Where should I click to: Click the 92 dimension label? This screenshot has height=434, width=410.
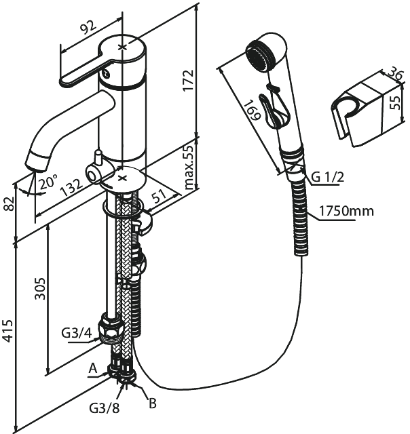(88, 27)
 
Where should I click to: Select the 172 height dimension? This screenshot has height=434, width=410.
(188, 81)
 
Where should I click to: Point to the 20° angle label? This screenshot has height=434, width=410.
(48, 181)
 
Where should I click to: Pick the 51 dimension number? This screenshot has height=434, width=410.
(160, 196)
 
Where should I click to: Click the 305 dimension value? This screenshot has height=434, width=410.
(39, 289)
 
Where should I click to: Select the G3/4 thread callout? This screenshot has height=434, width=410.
(76, 333)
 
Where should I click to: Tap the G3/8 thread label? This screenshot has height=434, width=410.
(104, 408)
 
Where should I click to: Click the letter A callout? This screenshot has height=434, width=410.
(93, 368)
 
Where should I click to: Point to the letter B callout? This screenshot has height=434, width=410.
(153, 403)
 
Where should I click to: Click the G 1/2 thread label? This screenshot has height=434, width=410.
(327, 176)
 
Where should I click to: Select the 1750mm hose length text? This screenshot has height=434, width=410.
(346, 211)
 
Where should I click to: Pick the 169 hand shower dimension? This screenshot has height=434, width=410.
(252, 110)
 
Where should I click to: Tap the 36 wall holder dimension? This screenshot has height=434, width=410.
(394, 73)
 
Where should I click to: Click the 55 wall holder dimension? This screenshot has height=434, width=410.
(396, 102)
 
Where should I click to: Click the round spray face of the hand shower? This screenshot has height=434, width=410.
(259, 56)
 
